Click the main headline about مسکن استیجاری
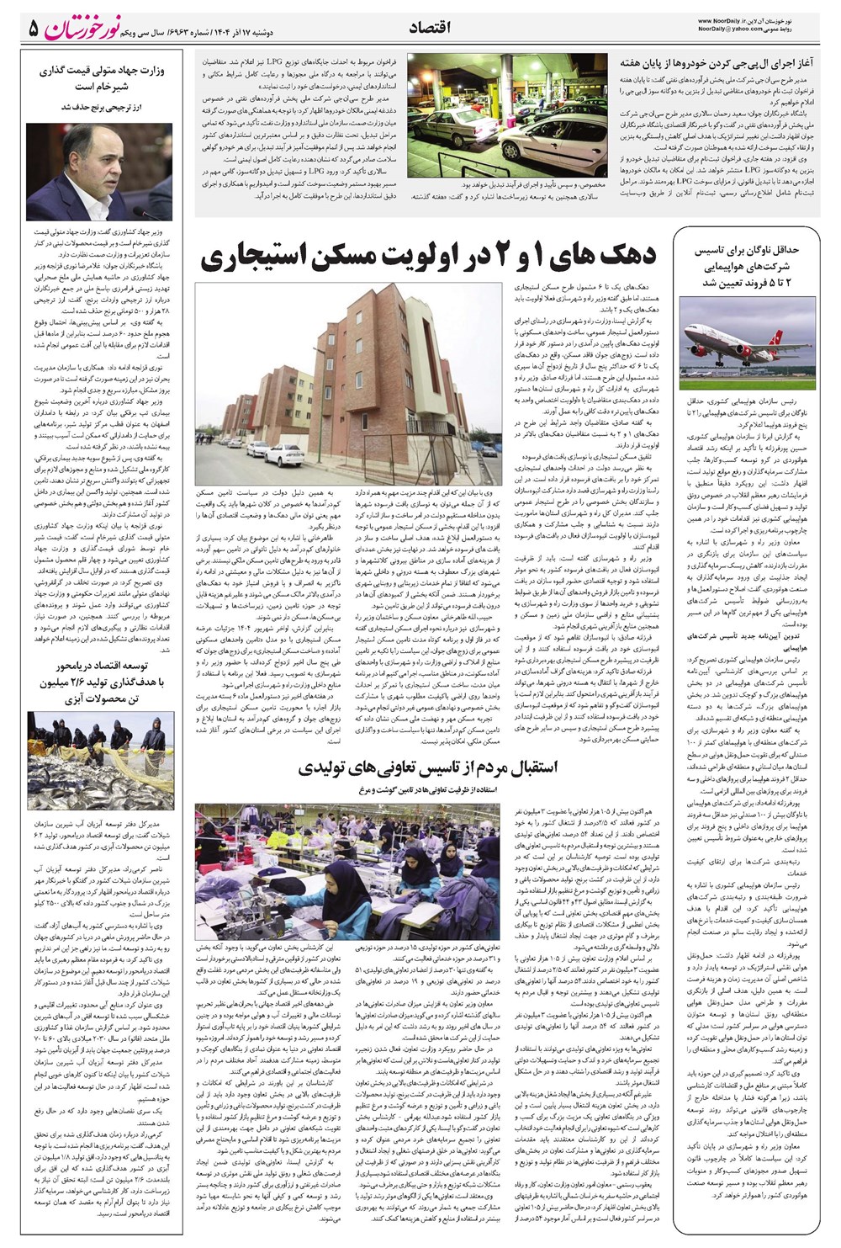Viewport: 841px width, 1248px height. (428, 258)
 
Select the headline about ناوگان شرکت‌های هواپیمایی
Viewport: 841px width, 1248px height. (750, 266)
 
